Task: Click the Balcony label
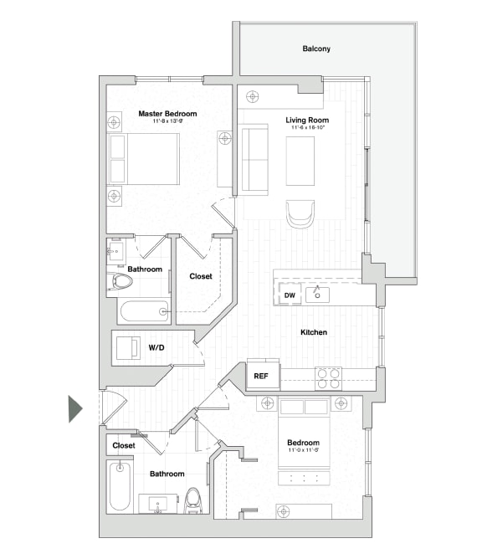(x=316, y=49)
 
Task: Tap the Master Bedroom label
(x=167, y=114)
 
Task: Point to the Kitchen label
(x=314, y=332)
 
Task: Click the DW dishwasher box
(x=290, y=295)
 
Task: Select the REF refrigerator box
(x=261, y=377)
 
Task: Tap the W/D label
(x=156, y=346)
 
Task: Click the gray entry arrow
(x=75, y=408)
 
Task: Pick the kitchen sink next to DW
(x=318, y=295)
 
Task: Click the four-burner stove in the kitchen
(x=328, y=378)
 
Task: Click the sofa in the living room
(x=254, y=159)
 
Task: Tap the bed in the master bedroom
(x=144, y=159)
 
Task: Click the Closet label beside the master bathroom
(x=201, y=276)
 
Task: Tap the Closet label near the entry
(x=124, y=446)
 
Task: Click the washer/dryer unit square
(x=127, y=347)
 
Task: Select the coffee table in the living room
(x=300, y=161)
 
